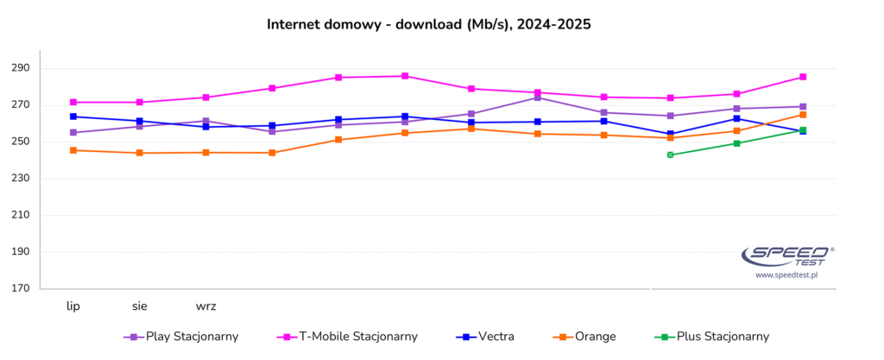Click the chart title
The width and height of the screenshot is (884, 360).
coord(429,24)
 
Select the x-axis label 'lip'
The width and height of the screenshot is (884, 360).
coord(73,306)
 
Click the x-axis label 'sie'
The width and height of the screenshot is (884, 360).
coord(140,306)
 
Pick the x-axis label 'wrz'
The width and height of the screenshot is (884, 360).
coord(206,306)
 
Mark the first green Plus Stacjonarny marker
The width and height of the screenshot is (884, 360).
coord(670,155)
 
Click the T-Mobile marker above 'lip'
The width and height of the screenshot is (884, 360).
coord(73,102)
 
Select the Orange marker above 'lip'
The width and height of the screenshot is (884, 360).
coord(73,150)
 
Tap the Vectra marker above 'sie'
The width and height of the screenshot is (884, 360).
coord(140,121)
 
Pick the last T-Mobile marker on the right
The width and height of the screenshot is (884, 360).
coord(803,77)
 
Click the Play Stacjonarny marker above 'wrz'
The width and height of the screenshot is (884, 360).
coord(206,121)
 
